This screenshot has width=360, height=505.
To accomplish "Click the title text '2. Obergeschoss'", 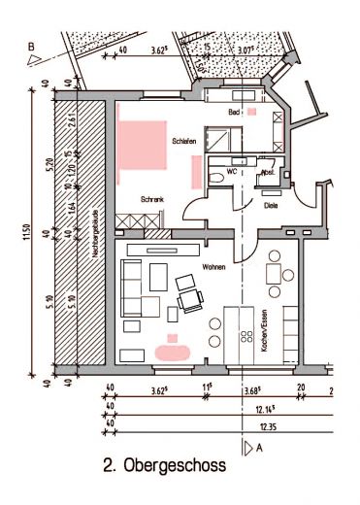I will click(164, 466).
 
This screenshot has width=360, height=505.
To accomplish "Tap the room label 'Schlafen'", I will click(184, 142).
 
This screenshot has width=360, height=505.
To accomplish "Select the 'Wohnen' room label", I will click(213, 265).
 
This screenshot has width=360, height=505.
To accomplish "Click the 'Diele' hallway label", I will click(271, 205).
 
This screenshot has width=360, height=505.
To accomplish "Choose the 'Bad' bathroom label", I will click(234, 113).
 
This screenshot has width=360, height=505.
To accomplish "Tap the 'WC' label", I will click(231, 172).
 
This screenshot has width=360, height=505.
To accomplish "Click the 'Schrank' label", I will click(152, 199).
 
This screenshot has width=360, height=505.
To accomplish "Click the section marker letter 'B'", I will click(31, 46).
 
